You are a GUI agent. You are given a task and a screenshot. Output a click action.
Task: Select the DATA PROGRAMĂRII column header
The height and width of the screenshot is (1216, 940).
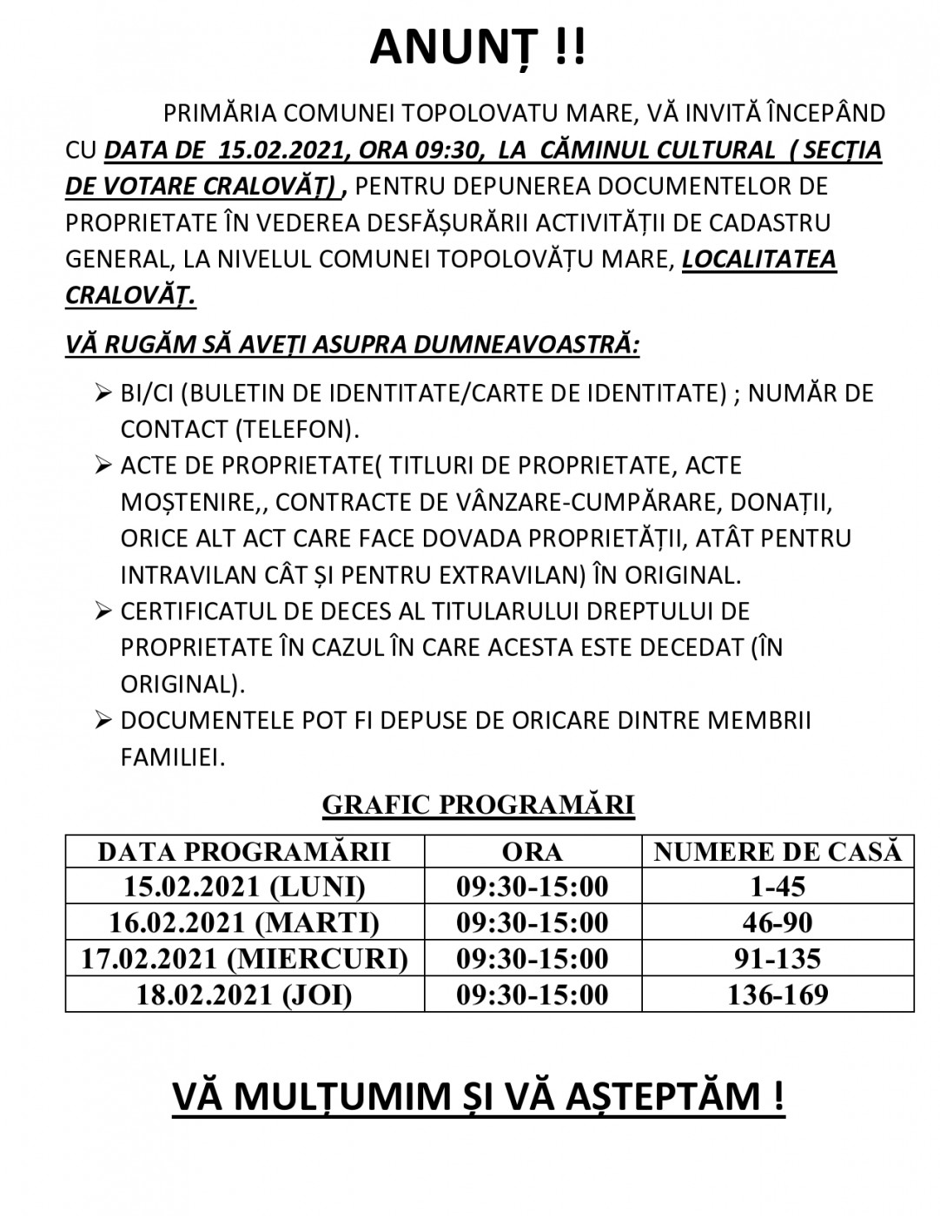pyautogui.click(x=244, y=851)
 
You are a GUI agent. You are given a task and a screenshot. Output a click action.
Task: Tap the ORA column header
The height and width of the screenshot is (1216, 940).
pyautogui.click(x=533, y=851)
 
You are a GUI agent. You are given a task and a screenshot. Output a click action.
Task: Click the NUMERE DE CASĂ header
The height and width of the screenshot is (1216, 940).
pyautogui.click(x=778, y=851)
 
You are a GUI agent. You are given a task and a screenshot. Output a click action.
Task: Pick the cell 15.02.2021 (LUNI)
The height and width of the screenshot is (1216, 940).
pyautogui.click(x=244, y=887)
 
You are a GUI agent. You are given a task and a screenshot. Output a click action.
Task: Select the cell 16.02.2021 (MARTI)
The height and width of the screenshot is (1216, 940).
pyautogui.click(x=244, y=922)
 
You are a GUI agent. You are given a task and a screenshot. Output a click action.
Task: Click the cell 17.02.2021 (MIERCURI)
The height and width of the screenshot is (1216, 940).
pyautogui.click(x=244, y=959)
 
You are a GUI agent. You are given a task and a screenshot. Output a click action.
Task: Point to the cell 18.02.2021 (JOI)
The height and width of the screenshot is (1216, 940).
pyautogui.click(x=244, y=995)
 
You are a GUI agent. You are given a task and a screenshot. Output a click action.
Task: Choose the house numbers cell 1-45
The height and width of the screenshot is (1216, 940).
pyautogui.click(x=778, y=887)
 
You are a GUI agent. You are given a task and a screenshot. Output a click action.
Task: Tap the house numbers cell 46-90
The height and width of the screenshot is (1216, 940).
pyautogui.click(x=778, y=922)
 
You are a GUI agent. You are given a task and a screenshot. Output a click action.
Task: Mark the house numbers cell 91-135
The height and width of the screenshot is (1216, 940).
pyautogui.click(x=778, y=959)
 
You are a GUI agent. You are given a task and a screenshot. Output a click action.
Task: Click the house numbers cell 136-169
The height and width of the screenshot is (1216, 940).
pyautogui.click(x=778, y=995)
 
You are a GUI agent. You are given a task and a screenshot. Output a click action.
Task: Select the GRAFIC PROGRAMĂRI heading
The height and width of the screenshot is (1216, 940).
pyautogui.click(x=478, y=805)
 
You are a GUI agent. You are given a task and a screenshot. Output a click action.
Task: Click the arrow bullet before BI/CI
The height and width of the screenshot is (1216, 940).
pyautogui.click(x=104, y=394)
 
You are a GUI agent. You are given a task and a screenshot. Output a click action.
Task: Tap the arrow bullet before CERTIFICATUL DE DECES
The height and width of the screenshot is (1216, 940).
pyautogui.click(x=104, y=612)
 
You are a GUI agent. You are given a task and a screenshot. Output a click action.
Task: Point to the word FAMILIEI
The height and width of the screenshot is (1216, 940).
pyautogui.click(x=173, y=757)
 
